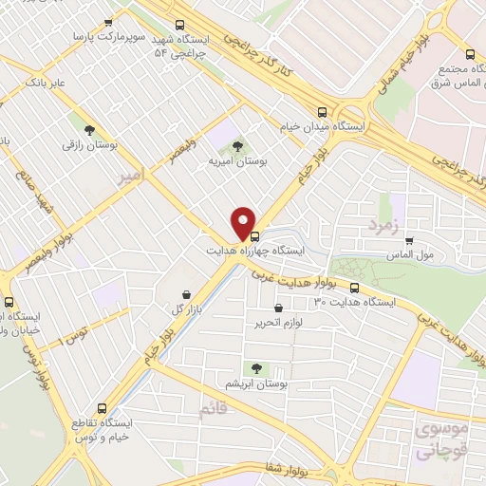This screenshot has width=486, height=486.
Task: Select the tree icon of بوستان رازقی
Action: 89,130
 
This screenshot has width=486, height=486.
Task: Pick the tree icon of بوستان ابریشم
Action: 255,367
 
